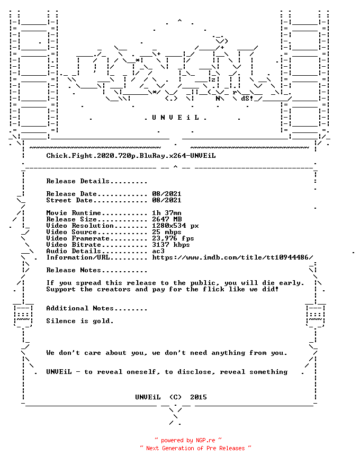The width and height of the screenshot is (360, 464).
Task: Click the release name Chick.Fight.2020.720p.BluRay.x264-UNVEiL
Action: [131, 156]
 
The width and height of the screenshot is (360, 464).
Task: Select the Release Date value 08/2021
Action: [167, 194]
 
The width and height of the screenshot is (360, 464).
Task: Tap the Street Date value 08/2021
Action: [167, 200]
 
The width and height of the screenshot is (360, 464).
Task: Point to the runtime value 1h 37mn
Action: [167, 213]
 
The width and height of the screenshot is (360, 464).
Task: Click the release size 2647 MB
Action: [167, 219]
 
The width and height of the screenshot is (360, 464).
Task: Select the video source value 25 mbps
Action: [167, 232]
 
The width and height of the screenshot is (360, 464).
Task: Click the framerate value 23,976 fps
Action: [173, 238]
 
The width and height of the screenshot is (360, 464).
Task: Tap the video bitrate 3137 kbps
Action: [171, 245]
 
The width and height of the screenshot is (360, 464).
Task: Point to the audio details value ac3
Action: [158, 251]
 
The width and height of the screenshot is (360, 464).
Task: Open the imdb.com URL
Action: [232, 257]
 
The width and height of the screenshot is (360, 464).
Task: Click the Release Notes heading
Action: [97, 270]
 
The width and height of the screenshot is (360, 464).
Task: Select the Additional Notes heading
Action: [97, 308]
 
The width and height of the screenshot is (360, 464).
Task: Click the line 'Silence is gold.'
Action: [80, 321]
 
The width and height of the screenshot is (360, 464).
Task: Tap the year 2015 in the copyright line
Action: [199, 397]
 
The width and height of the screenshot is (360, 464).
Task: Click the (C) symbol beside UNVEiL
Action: [175, 397]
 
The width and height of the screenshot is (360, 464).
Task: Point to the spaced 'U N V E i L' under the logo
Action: [175, 118]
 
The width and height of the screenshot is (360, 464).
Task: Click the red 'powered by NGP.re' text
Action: [188, 440]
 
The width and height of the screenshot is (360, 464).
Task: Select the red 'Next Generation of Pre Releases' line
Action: [195, 448]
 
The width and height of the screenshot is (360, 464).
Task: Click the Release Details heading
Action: [97, 181]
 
